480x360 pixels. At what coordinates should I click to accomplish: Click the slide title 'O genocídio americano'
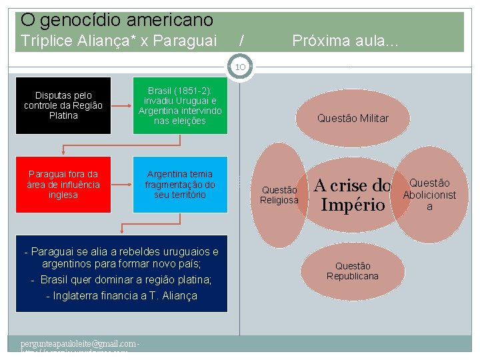coord(117,20)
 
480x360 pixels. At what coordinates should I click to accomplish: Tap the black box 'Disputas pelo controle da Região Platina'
coord(63,105)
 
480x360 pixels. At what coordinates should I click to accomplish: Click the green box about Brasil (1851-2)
coord(180,105)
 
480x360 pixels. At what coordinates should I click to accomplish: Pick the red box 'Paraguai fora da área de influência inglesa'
coord(63,185)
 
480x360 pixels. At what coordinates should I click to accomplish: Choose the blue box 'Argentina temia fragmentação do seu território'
coord(180,185)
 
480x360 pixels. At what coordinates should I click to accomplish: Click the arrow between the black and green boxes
coord(121,105)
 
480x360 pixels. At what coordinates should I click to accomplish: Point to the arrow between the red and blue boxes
coord(121,185)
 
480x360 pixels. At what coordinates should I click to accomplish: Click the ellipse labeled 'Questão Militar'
coord(353,119)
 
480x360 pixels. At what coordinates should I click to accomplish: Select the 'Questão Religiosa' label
coord(279,195)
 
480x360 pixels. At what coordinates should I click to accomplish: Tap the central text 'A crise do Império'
coord(352,195)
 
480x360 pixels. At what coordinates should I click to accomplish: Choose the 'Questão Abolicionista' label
coord(429,195)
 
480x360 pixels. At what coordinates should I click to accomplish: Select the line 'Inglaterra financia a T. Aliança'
coord(121,295)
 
